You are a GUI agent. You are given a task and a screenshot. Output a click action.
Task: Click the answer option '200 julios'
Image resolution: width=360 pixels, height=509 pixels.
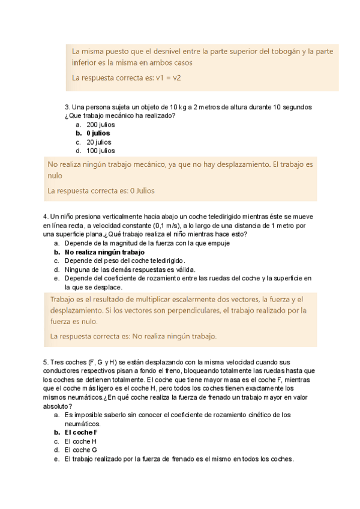click(101, 124)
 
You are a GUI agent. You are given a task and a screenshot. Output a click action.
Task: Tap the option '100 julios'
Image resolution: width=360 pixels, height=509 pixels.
click(101, 151)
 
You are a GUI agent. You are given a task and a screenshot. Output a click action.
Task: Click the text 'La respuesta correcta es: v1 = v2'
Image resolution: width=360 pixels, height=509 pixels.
click(127, 78)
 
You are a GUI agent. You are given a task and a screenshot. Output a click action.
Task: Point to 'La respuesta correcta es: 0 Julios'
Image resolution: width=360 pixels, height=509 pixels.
click(101, 191)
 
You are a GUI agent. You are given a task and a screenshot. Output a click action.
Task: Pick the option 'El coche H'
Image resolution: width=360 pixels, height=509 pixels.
click(81, 441)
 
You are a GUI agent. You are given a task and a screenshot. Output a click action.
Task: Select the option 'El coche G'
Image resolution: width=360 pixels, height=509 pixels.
click(81, 450)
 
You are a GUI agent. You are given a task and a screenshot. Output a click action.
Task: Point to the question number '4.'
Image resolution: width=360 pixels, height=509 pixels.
click(46, 217)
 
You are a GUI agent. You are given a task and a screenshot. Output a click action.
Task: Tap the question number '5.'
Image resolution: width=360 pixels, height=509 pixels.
click(46, 362)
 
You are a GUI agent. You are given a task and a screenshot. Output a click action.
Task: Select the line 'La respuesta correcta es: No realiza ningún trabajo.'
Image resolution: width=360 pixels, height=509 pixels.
click(134, 336)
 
